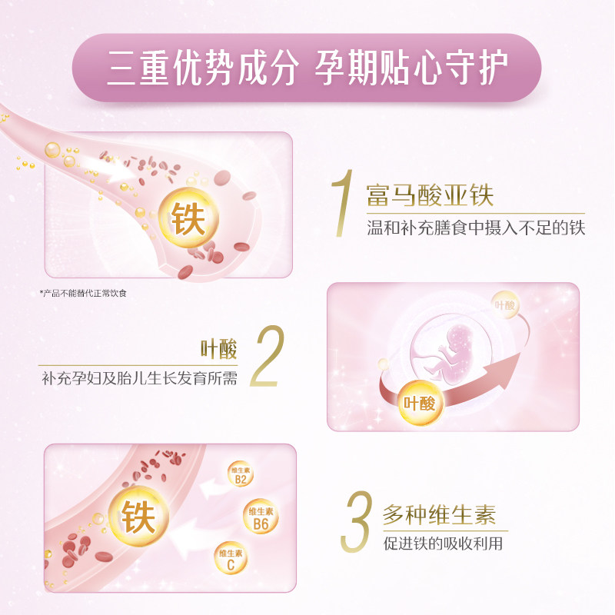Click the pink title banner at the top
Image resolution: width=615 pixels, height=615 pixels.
pos(307,68)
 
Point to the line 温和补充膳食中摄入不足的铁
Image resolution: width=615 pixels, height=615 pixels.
pos(476,228)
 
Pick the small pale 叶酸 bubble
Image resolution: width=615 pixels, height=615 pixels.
pos(505,305)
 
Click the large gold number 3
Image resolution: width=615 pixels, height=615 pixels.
pos(360,522)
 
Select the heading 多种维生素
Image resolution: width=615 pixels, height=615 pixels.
pos(439,513)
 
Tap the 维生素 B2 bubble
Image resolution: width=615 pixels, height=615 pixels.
pos(240,475)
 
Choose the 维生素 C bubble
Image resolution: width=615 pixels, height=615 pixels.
pos(231,559)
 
